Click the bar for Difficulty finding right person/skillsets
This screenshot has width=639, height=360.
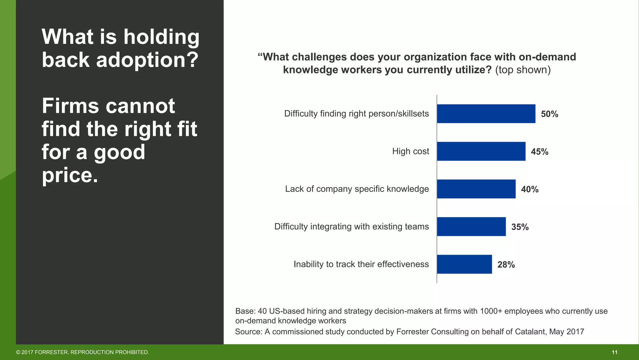(486, 114)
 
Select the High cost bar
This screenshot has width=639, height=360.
(481, 151)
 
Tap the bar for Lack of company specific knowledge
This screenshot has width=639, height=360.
(476, 189)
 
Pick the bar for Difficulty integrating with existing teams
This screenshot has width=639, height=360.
(471, 227)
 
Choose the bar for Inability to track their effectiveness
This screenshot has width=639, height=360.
(464, 264)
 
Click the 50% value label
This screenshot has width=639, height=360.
(549, 114)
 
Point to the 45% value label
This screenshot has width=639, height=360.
(539, 152)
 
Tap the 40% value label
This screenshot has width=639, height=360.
(529, 189)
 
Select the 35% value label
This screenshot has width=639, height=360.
(520, 227)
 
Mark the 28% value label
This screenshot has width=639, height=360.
(506, 265)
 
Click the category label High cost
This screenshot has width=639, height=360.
(410, 151)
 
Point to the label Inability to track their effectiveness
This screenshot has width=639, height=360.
(361, 264)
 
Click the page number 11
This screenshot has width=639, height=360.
(614, 352)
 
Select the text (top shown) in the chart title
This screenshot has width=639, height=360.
(523, 70)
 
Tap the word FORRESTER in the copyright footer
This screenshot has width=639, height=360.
(51, 352)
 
